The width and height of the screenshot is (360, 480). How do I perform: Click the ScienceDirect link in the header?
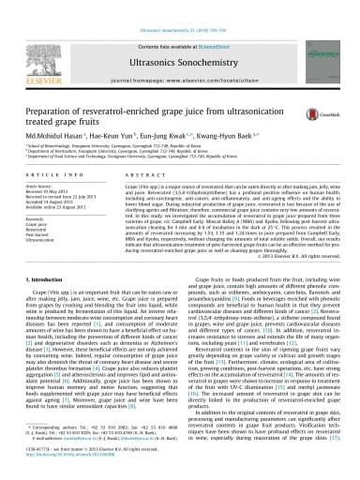pyautogui.click(x=209, y=19)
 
